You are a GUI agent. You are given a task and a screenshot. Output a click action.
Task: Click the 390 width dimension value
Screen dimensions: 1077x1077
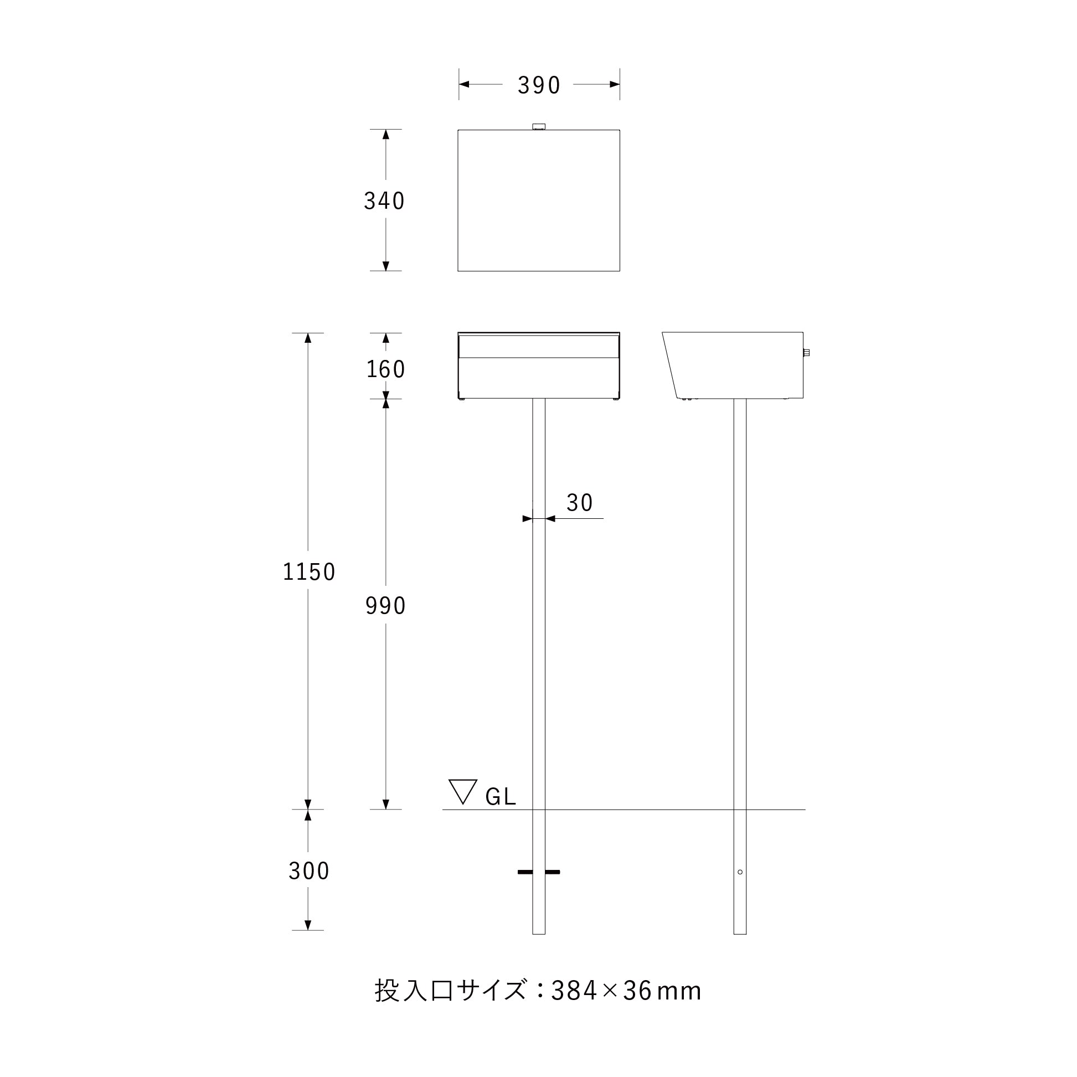click(x=538, y=85)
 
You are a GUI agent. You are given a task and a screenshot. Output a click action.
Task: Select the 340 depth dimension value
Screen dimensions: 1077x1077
click(x=384, y=200)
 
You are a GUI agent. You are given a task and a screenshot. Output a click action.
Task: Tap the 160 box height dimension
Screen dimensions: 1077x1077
click(x=385, y=369)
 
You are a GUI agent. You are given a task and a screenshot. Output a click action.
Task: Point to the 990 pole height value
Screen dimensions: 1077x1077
click(x=385, y=605)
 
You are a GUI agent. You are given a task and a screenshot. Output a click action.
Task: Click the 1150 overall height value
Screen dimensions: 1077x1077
click(x=309, y=572)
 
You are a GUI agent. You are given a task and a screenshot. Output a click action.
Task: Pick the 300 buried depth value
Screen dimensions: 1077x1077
click(x=309, y=871)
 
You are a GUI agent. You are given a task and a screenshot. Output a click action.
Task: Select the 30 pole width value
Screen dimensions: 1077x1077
click(x=579, y=503)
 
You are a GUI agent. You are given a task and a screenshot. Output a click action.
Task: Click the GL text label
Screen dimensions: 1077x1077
click(x=501, y=797)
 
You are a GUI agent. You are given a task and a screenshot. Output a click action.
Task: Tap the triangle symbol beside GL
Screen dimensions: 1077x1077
click(x=463, y=792)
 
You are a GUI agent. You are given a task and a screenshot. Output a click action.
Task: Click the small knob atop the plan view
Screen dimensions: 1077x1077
click(x=538, y=127)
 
